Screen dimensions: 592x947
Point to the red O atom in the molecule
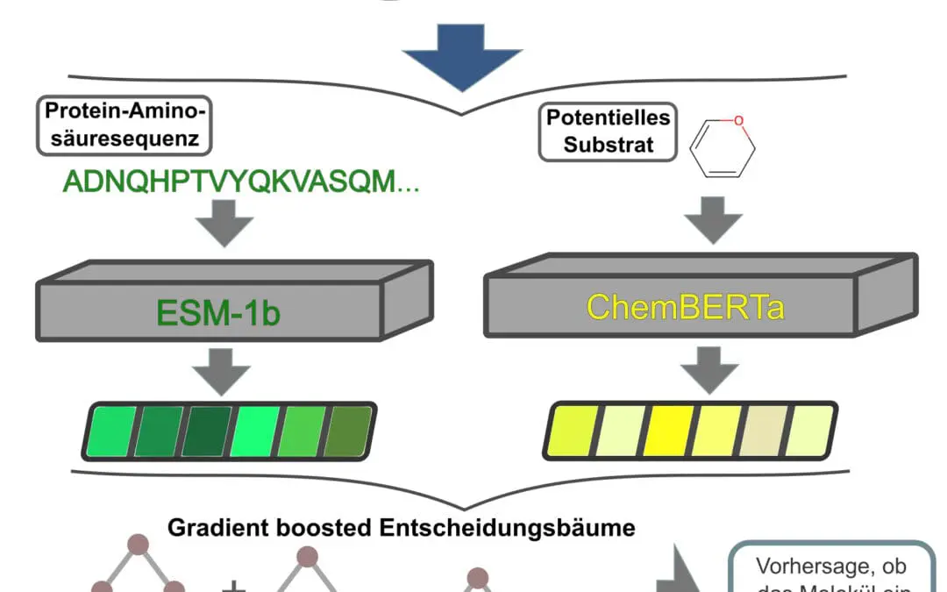pos(739,121)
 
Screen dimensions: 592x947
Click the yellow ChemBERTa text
pos(685,307)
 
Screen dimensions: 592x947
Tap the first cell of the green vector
pos(110,432)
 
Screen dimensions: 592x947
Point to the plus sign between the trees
pos(234,586)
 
